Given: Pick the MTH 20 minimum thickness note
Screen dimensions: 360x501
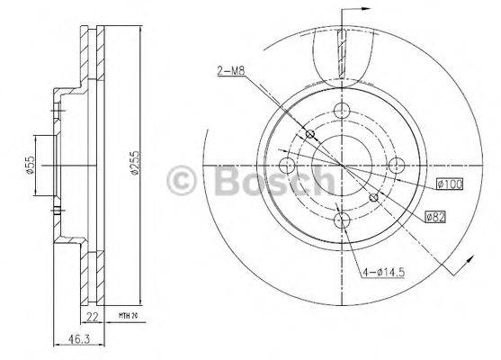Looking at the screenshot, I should point(127,315).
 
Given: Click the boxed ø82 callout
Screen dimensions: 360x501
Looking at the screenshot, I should point(436,216).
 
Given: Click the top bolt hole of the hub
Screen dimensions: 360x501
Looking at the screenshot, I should point(341,112).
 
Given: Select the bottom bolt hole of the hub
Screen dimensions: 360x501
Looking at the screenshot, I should point(341,220).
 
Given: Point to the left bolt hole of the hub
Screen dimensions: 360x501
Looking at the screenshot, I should point(287,166).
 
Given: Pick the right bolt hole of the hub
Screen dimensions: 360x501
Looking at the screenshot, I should point(395,166).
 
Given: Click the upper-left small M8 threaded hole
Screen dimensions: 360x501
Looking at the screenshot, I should point(310,135).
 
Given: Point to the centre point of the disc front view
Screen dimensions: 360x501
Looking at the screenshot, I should point(341,166).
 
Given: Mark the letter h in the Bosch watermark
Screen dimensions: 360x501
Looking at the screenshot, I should point(320,181).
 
